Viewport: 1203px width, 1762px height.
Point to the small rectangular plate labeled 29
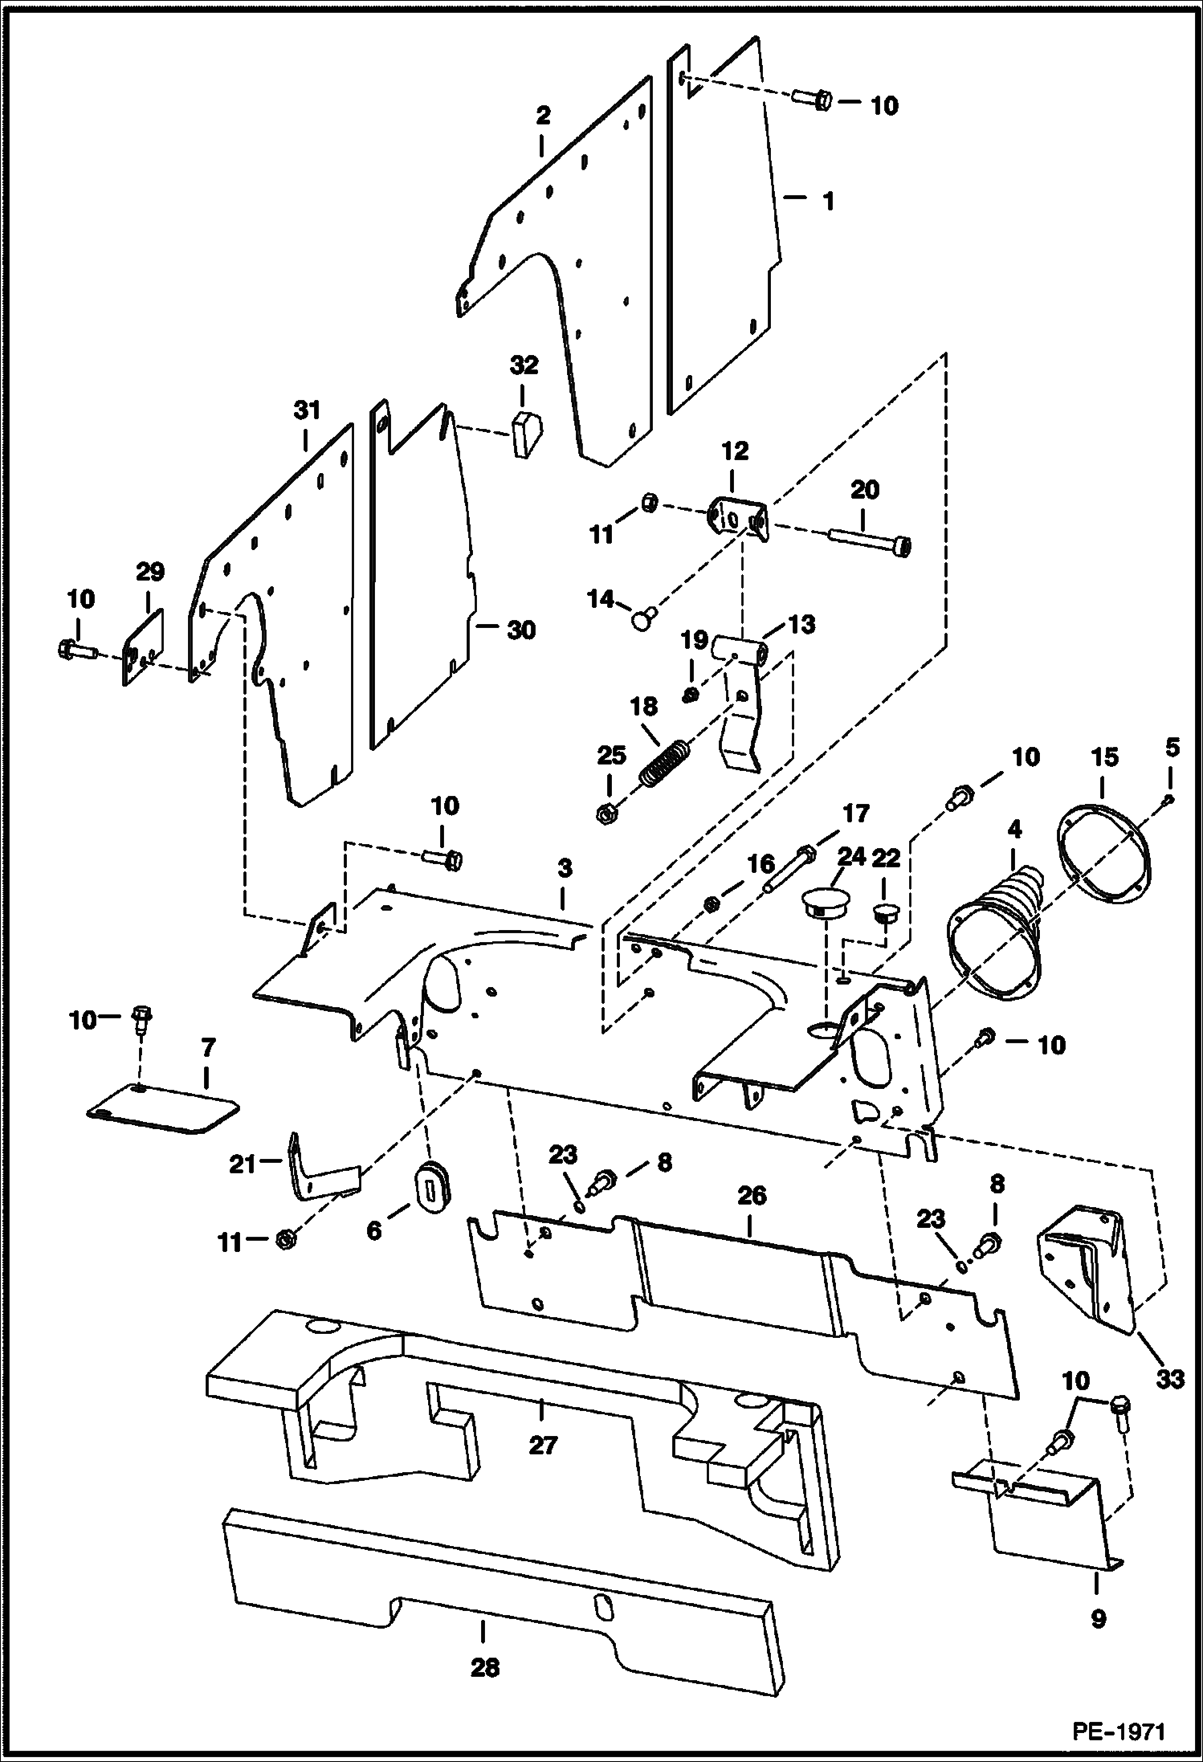[x=142, y=646]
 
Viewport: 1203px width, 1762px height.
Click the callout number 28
[x=484, y=1667]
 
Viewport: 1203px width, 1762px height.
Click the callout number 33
[x=1170, y=1380]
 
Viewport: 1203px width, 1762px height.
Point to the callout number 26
[x=752, y=1195]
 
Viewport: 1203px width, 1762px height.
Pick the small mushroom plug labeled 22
[x=884, y=914]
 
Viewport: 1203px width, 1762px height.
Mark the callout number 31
[x=306, y=411]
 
